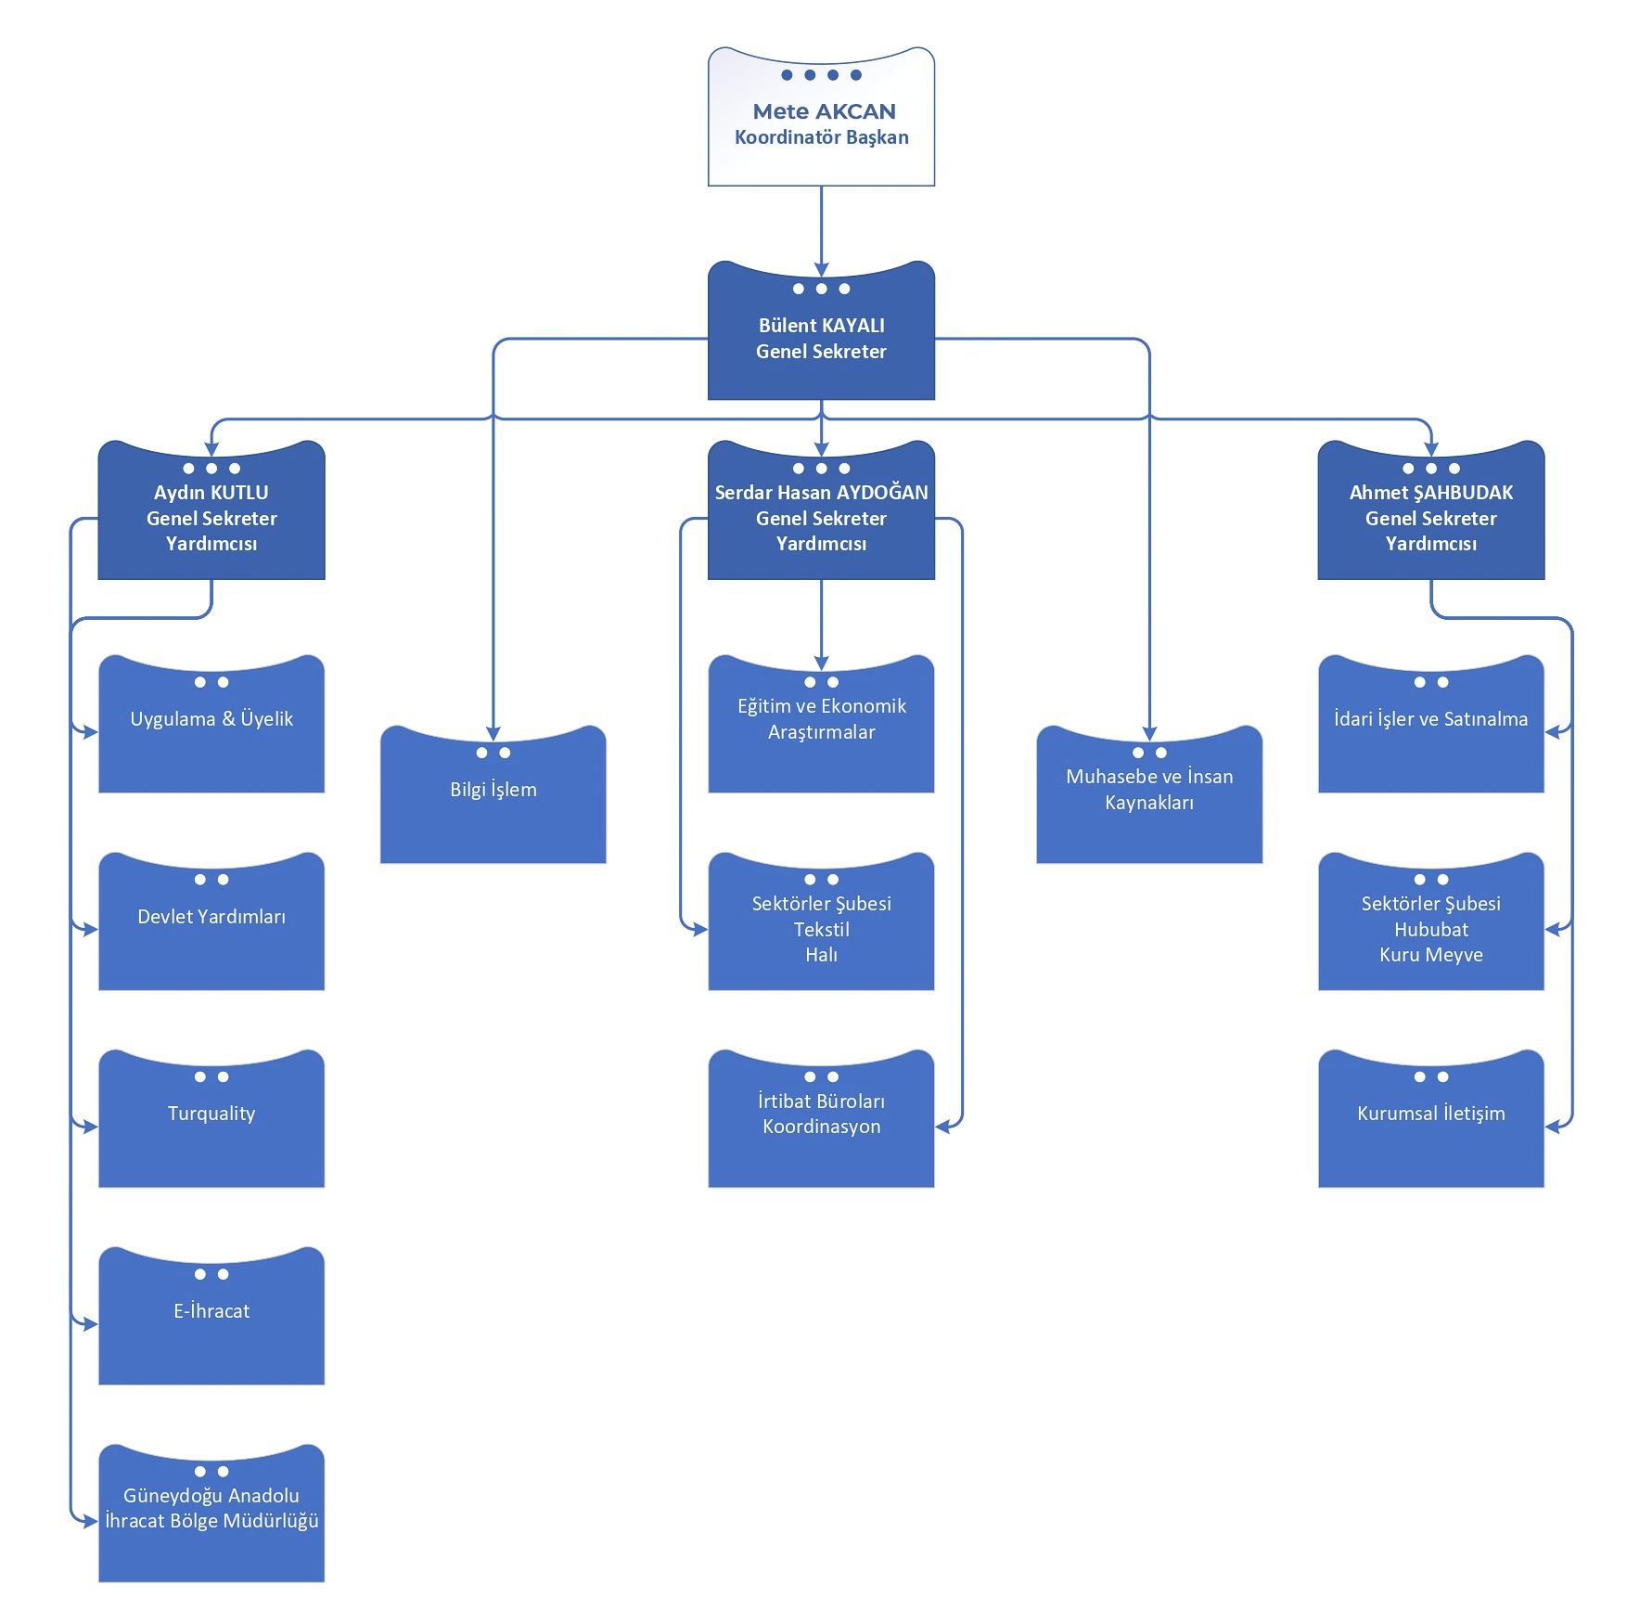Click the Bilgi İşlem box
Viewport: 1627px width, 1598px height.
[493, 795]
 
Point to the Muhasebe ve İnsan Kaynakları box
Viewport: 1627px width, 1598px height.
[1149, 795]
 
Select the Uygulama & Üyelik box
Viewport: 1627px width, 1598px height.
[211, 725]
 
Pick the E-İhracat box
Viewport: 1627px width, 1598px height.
[211, 1317]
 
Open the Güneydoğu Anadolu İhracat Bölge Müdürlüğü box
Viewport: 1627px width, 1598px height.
[211, 1514]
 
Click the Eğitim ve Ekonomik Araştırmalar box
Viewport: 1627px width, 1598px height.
[821, 725]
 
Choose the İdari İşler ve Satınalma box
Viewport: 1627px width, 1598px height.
[1431, 725]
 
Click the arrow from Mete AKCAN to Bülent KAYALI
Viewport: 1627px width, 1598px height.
[821, 231]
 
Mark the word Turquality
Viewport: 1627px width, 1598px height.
[211, 1114]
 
